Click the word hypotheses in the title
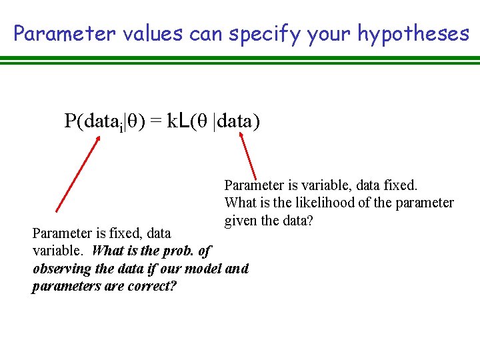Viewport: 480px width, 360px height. (413, 34)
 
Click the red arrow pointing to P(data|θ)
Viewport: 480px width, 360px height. (78, 173)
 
